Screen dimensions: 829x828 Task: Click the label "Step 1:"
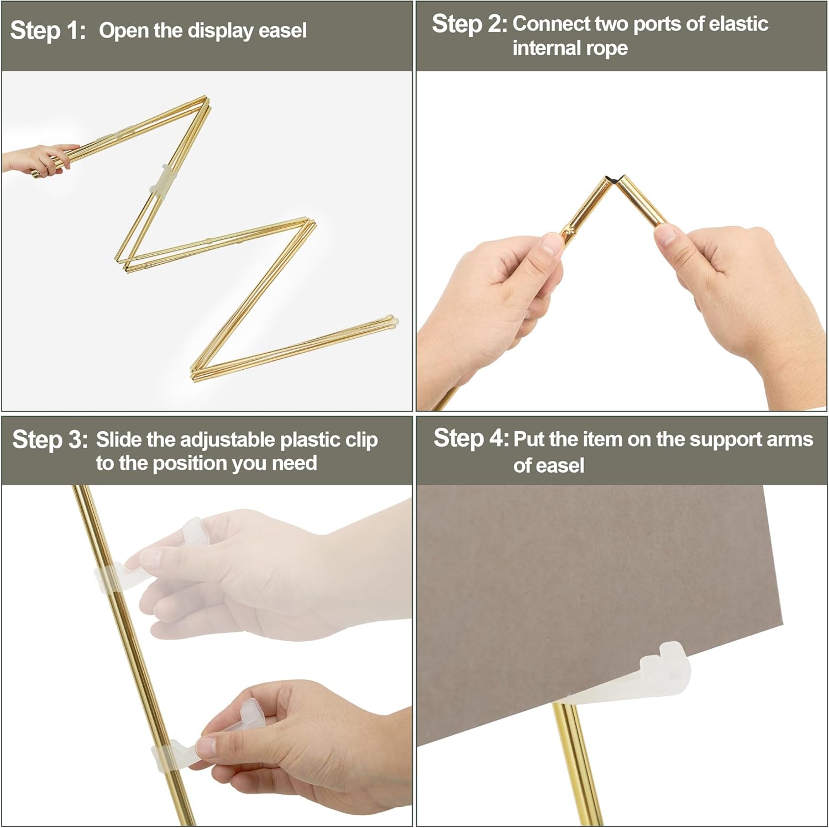[48, 30]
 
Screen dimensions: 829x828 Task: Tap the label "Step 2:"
[470, 24]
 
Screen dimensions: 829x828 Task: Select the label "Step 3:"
[50, 440]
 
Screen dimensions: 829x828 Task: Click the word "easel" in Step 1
[282, 30]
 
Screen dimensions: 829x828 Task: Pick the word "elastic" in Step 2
[738, 24]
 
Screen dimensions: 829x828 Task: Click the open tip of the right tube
[623, 181]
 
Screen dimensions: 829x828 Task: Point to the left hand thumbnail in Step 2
[552, 243]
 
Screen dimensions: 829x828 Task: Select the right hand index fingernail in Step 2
[665, 235]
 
